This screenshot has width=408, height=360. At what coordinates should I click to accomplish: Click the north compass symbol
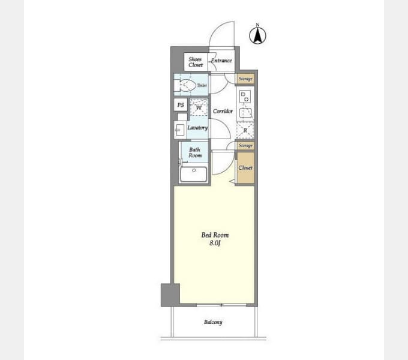tap(257, 35)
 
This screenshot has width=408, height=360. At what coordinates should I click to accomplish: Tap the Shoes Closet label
tap(196, 62)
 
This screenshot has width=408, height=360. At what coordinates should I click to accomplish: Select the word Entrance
tap(221, 61)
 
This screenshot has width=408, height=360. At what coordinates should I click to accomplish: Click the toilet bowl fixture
tap(188, 85)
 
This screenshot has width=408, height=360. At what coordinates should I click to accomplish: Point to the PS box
tap(181, 105)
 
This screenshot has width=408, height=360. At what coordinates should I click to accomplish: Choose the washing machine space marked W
tap(199, 107)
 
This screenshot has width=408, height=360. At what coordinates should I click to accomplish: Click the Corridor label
tap(223, 111)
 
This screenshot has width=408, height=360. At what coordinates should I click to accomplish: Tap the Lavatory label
tap(198, 128)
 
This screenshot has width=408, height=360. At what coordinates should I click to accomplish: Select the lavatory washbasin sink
tap(179, 130)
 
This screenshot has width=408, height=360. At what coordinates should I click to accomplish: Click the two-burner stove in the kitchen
tap(245, 97)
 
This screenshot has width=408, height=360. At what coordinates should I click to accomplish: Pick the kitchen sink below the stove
tap(245, 112)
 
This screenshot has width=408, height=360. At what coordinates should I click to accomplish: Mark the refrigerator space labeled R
tap(245, 130)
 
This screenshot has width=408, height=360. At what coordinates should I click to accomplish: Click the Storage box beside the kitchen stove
tap(245, 79)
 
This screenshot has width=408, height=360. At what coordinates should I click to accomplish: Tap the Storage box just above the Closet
tap(245, 145)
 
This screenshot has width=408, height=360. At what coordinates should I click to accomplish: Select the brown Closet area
tap(245, 168)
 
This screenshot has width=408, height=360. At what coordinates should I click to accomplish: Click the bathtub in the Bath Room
tap(194, 174)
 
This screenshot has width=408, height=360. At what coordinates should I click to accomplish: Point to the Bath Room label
tap(195, 152)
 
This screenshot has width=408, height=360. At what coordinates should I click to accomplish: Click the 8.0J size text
tap(215, 244)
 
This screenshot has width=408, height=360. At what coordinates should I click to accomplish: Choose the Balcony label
tap(213, 322)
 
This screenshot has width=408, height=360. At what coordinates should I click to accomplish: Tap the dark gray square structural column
tap(170, 295)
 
